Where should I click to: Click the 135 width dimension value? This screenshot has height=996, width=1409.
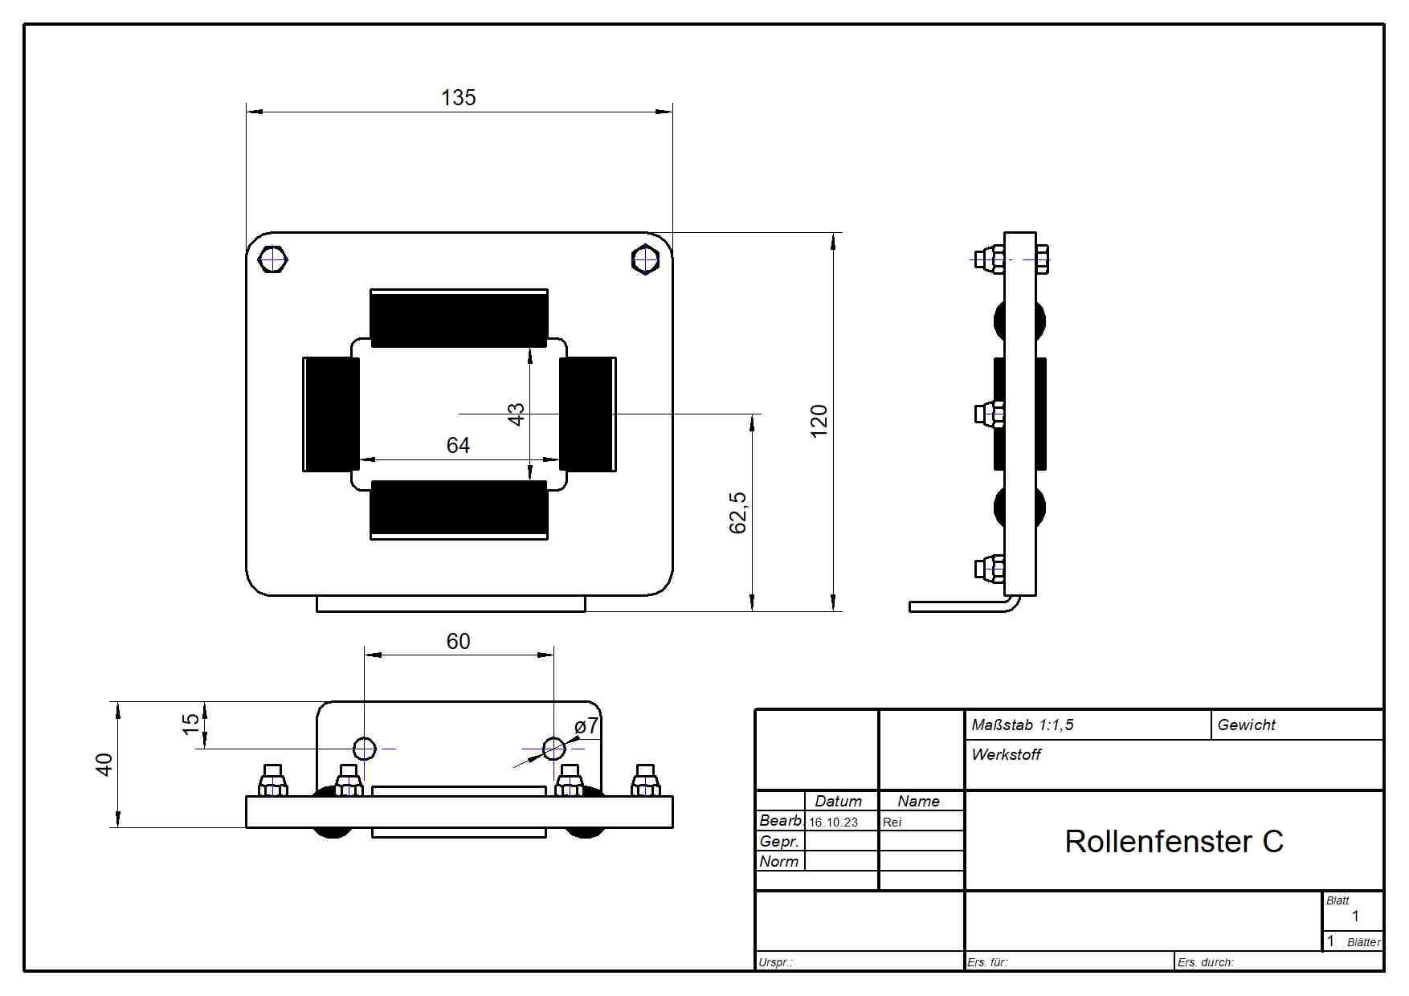(x=458, y=97)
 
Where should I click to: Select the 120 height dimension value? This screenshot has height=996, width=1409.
(x=819, y=421)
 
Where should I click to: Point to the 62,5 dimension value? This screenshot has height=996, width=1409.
(x=737, y=512)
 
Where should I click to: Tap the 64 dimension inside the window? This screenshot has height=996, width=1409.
(x=458, y=445)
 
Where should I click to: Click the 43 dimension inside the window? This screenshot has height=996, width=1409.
(x=516, y=414)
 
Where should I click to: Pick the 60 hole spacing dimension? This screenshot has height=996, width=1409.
(x=458, y=641)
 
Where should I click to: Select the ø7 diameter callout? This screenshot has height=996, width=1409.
(x=586, y=725)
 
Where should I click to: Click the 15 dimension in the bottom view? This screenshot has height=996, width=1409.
(x=190, y=724)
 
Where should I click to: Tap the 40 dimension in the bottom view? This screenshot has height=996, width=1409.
(x=104, y=764)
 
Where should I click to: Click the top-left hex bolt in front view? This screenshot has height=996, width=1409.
(x=273, y=259)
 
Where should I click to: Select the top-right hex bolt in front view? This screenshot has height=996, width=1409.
(x=645, y=259)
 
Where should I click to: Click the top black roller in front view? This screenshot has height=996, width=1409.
(x=459, y=318)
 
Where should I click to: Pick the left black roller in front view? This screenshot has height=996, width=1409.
(x=331, y=414)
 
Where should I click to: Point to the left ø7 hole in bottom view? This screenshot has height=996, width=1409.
(x=365, y=749)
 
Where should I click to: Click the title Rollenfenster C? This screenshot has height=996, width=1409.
(x=1174, y=842)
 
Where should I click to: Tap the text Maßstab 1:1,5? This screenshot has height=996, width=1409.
(x=1022, y=725)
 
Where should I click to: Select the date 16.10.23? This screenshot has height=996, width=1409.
(x=833, y=823)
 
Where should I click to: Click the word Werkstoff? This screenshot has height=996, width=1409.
(x=1006, y=754)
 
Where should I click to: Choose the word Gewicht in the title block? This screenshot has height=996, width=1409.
(x=1246, y=725)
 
